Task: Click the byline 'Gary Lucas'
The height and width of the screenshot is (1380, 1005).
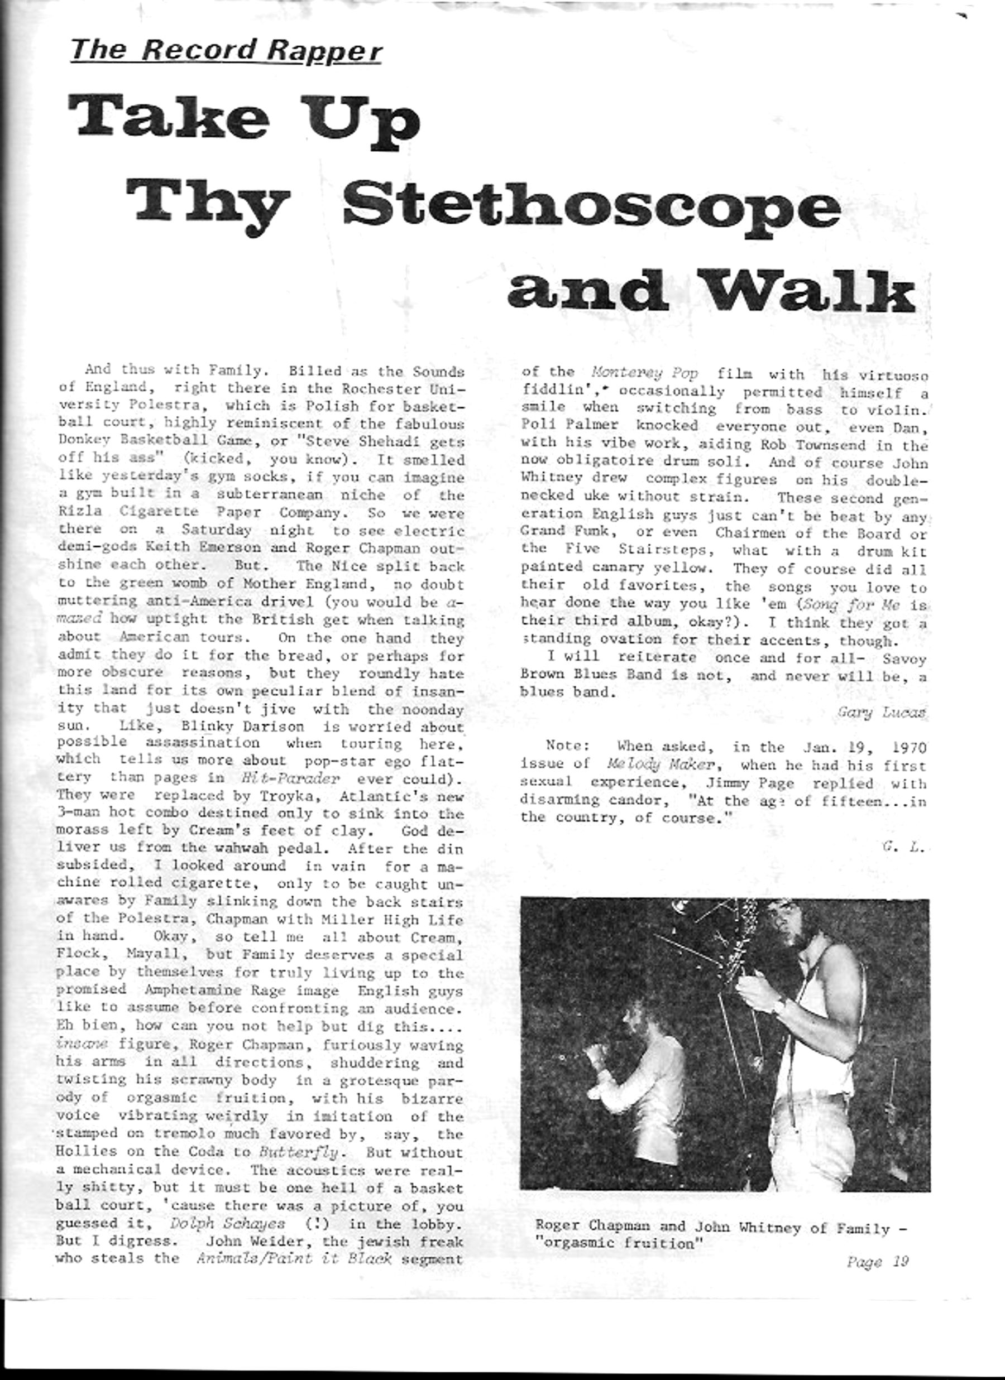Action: [881, 713]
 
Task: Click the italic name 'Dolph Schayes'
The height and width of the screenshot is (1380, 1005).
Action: [227, 1223]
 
